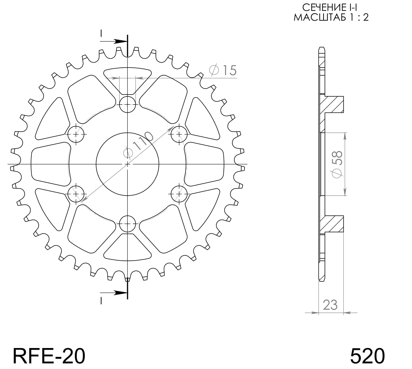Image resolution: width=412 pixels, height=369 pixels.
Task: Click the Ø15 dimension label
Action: pyautogui.click(x=223, y=70)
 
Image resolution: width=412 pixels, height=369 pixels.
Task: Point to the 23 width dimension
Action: pyautogui.click(x=330, y=305)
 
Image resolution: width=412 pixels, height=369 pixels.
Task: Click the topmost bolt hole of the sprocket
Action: pyautogui.click(x=128, y=104)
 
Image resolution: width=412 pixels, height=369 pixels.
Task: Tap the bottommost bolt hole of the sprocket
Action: pyautogui.click(x=128, y=223)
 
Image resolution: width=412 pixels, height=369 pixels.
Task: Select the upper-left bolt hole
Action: pyautogui.click(x=76, y=134)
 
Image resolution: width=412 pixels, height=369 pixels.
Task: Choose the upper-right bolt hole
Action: pyautogui.click(x=179, y=134)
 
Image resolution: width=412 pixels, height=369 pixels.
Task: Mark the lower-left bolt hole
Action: pyautogui.click(x=76, y=194)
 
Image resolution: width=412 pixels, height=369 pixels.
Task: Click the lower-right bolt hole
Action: pyautogui.click(x=179, y=194)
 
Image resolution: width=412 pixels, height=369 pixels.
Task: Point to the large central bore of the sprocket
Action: pyautogui.click(x=128, y=164)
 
